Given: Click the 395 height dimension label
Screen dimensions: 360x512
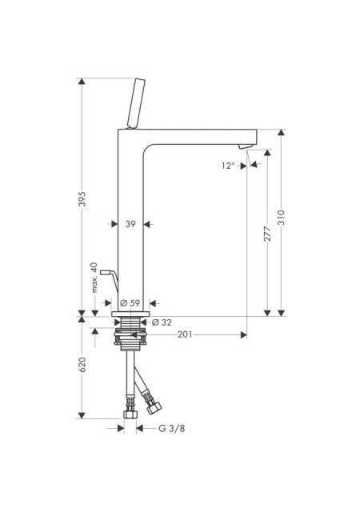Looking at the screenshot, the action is [x=82, y=199].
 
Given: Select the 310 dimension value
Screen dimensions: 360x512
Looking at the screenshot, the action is [x=282, y=218].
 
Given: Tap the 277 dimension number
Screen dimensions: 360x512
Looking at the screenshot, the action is [x=267, y=234].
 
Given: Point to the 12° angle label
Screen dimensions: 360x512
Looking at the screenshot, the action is [x=228, y=166].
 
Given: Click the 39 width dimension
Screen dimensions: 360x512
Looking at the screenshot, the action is [x=130, y=224].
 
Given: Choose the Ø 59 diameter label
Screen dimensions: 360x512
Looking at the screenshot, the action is [x=130, y=303].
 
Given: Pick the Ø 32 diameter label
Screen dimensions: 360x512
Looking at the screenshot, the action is [x=162, y=322].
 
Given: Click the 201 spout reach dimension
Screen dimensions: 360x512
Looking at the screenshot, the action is [x=185, y=334].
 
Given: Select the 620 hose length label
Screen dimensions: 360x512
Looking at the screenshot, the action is [x=82, y=365].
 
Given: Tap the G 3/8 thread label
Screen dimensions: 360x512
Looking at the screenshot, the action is [x=171, y=428].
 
